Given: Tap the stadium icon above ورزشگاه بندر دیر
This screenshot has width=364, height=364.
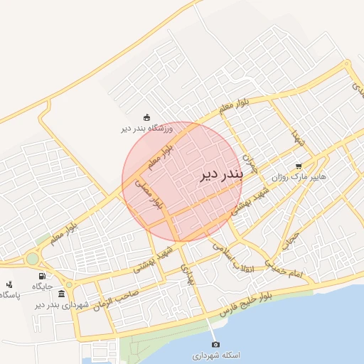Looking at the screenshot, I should click(x=146, y=118).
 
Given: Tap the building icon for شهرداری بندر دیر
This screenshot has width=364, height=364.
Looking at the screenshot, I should click(x=62, y=294).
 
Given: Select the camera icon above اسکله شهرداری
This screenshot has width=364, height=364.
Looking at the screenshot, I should click(x=216, y=344).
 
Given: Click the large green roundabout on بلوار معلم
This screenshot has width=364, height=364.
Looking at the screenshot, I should click(x=33, y=259).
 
